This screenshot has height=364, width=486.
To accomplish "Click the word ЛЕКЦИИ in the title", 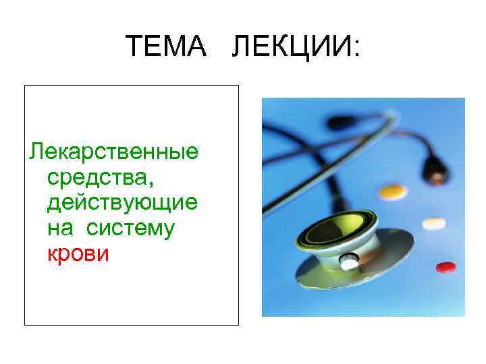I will pos(290,47).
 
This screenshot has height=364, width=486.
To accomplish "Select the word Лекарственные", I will pos(113,152).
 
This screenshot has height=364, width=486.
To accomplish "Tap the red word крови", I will pos(78,254).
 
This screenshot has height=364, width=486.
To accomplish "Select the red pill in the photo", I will pos(446,268).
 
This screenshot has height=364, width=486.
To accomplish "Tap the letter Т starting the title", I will pos(134,47).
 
